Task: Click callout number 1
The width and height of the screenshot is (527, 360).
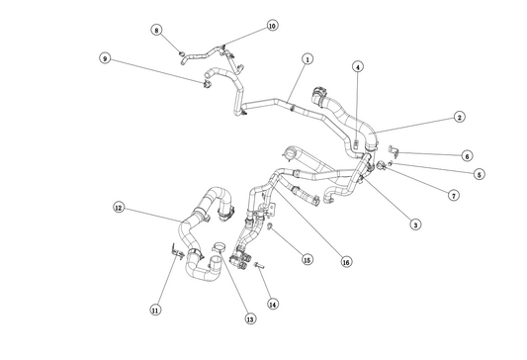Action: click(307, 59)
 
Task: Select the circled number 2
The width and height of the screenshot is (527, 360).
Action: click(460, 117)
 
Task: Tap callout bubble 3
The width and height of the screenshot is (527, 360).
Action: click(415, 225)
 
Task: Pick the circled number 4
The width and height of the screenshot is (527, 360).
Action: click(358, 67)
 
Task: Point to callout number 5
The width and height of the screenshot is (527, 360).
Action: click(480, 174)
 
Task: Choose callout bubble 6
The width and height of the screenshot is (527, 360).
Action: click(467, 155)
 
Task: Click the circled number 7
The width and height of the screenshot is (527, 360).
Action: click(454, 195)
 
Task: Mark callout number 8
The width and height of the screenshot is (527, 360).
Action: click(156, 30)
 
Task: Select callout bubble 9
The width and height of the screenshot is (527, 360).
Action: click(105, 58)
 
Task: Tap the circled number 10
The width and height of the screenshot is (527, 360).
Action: click(273, 25)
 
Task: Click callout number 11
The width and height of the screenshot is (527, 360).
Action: click(155, 310)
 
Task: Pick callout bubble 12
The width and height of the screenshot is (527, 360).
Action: click(119, 208)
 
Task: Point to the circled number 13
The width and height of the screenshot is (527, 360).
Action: click(250, 318)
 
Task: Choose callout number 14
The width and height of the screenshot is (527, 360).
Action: click(273, 305)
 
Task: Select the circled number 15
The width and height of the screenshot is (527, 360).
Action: click(307, 259)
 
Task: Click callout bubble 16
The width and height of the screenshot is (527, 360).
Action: click(346, 261)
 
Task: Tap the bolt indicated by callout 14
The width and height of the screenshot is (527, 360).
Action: click(259, 265)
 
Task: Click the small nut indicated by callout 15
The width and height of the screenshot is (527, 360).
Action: click(269, 226)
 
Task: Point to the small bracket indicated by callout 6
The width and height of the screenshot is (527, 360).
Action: click(394, 150)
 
